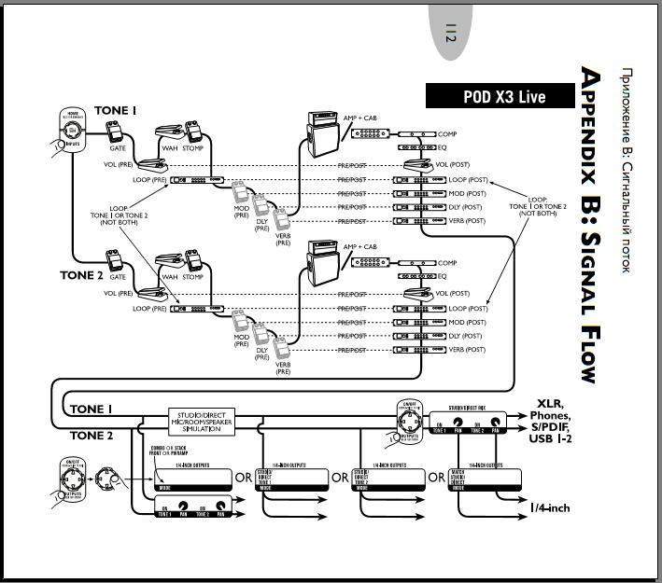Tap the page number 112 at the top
coord(450,36)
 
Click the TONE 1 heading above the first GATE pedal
coord(116,111)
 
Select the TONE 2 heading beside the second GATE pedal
coord(81,275)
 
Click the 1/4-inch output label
coord(550,507)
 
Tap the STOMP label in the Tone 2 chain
coord(193,277)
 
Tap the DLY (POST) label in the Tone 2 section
coord(467,336)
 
